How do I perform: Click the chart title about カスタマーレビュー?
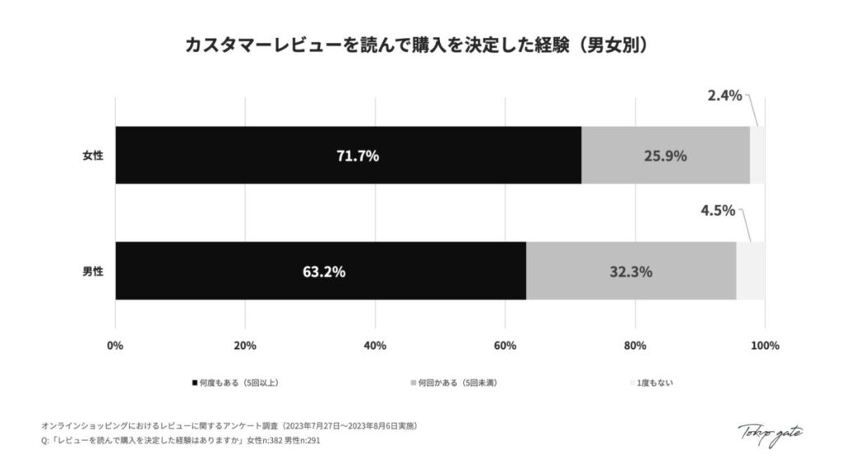click(x=420, y=44)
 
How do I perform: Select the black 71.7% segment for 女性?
click(x=348, y=156)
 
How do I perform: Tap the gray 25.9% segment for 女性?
click(x=665, y=156)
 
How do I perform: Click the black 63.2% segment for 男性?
click(x=321, y=271)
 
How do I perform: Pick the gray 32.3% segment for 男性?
click(x=631, y=271)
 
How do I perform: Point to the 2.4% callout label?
click(x=724, y=95)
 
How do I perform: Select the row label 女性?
click(x=93, y=156)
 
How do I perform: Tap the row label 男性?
click(x=93, y=271)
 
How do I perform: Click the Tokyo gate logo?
click(x=770, y=433)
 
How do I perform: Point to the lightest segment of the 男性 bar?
click(x=751, y=271)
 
